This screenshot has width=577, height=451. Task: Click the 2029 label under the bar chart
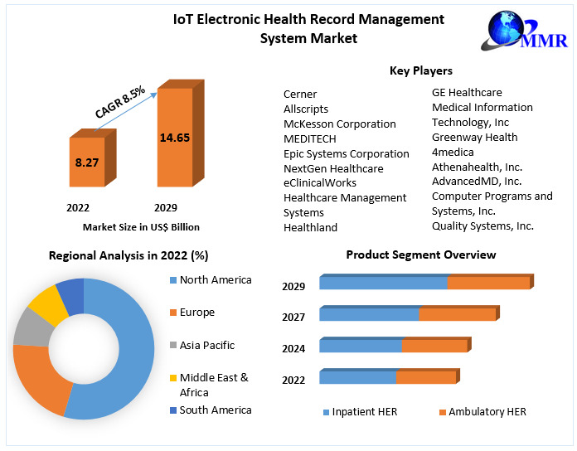click(166, 207)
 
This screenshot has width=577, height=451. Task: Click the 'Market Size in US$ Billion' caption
click(141, 226)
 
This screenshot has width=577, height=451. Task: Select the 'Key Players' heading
click(421, 70)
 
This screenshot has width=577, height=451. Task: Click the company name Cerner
click(300, 94)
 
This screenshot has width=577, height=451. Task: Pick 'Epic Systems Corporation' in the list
click(346, 153)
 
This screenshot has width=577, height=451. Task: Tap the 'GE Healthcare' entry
click(467, 92)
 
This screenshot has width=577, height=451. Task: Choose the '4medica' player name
click(453, 152)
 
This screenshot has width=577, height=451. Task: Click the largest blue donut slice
click(124, 356)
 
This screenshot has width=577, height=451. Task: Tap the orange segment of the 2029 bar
click(488, 283)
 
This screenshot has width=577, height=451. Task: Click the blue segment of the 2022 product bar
click(357, 377)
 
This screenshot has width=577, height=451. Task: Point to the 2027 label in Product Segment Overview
click(293, 317)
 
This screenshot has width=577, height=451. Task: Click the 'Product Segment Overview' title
click(421, 255)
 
